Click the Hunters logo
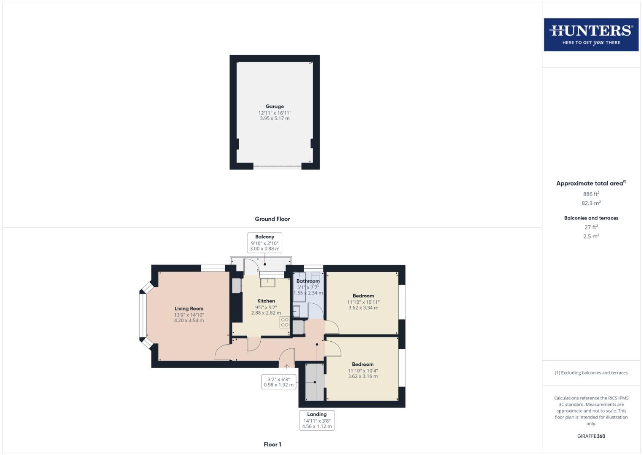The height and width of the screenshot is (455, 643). click(x=591, y=35)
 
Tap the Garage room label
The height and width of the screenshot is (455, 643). click(x=275, y=107)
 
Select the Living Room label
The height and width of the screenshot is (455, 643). click(x=189, y=309)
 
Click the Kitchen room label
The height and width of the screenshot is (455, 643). click(x=266, y=301)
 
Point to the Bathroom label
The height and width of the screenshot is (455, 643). click(x=308, y=281)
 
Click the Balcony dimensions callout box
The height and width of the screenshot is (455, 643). click(x=264, y=243)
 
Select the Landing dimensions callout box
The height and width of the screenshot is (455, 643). click(x=317, y=420)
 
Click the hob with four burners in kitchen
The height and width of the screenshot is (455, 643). click(x=285, y=322)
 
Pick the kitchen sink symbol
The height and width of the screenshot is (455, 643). click(x=267, y=283)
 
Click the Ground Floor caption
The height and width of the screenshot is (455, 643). click(x=272, y=219)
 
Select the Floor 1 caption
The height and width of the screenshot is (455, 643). click(x=272, y=444)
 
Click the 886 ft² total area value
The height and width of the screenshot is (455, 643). click(x=591, y=194)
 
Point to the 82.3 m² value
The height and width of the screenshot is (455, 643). click(x=591, y=203)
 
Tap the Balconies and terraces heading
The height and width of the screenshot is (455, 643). click(x=591, y=218)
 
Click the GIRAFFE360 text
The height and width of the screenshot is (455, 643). click(x=591, y=436)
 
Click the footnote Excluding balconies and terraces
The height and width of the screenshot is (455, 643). click(x=591, y=373)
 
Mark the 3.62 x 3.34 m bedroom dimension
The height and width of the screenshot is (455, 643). click(x=363, y=308)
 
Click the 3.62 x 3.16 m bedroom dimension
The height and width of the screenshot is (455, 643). click(x=363, y=377)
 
